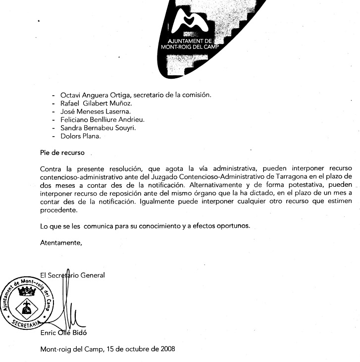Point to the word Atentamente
tap(60, 243)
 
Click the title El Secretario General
tap(73, 275)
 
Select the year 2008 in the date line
tap(165, 349)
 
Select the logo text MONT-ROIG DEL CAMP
tap(190, 48)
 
